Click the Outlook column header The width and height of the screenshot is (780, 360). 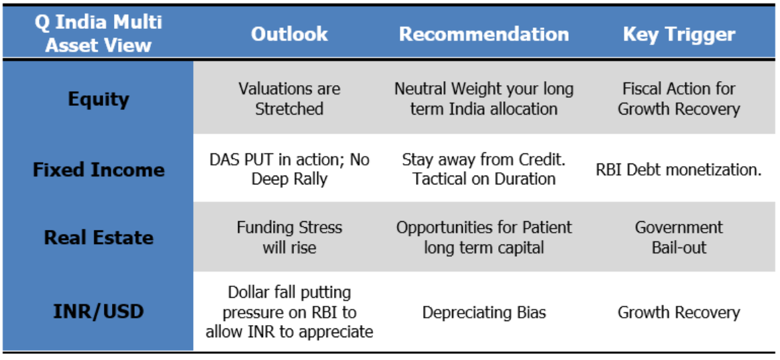click(x=289, y=34)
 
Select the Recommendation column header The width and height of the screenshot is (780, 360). click(x=484, y=34)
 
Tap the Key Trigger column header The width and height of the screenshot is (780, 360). click(x=679, y=34)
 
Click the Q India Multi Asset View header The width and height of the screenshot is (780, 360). click(x=99, y=34)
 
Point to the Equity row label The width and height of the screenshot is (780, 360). click(x=99, y=99)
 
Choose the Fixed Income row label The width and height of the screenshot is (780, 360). click(x=99, y=170)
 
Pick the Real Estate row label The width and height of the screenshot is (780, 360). click(x=99, y=237)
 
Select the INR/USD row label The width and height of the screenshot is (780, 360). click(x=99, y=312)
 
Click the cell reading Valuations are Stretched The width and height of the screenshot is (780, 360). click(x=289, y=99)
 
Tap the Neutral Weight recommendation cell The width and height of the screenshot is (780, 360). click(x=484, y=99)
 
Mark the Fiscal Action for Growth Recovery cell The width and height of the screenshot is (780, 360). click(x=679, y=99)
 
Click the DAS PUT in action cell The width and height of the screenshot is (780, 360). click(x=289, y=170)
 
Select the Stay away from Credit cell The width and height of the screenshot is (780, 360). click(x=484, y=170)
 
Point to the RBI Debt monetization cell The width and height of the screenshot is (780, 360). click(x=679, y=170)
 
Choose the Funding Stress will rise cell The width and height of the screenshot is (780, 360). click(x=289, y=237)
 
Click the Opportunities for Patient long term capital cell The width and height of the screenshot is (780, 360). click(x=484, y=237)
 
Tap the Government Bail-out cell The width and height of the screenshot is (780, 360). click(x=679, y=237)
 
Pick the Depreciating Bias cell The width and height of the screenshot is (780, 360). click(x=484, y=312)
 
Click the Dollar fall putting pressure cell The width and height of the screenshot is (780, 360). click(x=289, y=312)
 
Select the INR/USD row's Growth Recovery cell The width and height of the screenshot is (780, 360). click(x=679, y=312)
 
